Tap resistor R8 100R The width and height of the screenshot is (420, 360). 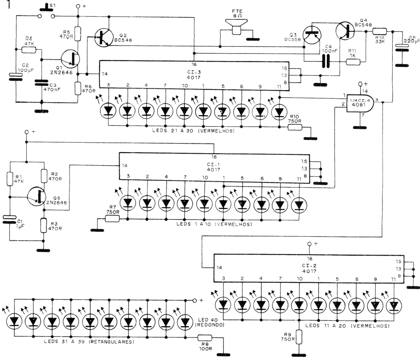205,338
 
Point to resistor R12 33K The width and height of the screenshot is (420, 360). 379,31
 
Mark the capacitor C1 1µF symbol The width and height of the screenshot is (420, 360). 9,219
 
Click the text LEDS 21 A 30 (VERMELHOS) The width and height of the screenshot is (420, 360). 193,131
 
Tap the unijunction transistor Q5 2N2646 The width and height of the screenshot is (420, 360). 37,197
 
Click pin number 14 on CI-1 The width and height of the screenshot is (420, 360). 124,165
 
